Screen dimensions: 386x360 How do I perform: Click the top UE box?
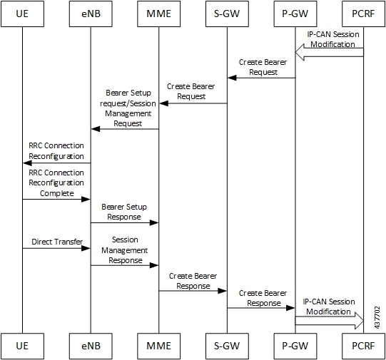coord(22,14)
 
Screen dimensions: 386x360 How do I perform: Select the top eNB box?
coord(91,14)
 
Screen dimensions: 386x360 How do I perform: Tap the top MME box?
coord(159,14)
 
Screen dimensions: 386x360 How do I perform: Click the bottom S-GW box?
coord(227,346)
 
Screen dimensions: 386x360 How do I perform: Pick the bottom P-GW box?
coord(295,346)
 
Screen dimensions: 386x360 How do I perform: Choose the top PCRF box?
coord(363,14)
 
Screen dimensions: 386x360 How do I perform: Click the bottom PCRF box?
coord(363,346)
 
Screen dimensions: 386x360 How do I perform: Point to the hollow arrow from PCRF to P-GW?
coord(330,52)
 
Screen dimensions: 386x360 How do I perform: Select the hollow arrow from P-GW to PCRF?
coord(330,321)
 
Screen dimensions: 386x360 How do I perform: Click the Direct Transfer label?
coord(57,242)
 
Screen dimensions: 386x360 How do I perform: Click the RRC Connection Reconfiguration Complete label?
coord(56,183)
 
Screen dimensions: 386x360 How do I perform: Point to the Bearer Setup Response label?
coord(124,212)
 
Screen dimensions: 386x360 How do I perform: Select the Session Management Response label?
coord(125,250)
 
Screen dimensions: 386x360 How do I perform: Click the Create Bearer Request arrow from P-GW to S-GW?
coord(261,78)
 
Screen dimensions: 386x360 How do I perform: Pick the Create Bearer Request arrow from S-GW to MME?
coord(193,103)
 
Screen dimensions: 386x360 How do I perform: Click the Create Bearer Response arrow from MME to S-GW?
coord(193,291)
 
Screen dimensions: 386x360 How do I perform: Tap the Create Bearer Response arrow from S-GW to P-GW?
coord(260,308)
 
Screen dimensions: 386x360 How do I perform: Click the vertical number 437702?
coord(377,317)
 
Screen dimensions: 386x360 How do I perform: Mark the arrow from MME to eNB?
coord(125,129)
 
